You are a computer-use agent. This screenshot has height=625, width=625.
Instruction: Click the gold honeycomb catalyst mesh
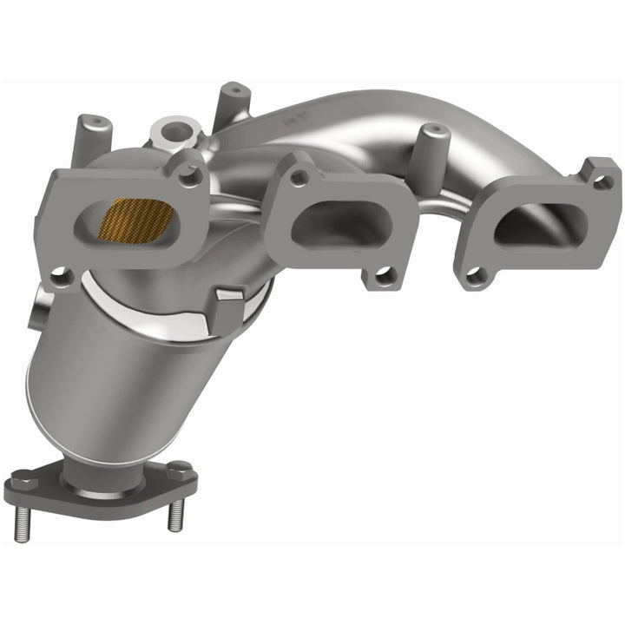click(x=135, y=219)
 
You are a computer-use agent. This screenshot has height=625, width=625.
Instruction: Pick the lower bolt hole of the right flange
click(x=473, y=277)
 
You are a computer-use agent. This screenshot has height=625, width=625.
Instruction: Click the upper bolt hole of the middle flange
click(x=299, y=178)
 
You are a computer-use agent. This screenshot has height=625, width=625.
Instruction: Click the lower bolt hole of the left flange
click(x=59, y=277)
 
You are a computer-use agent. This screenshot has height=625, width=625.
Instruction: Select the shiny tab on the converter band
click(x=227, y=304)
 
